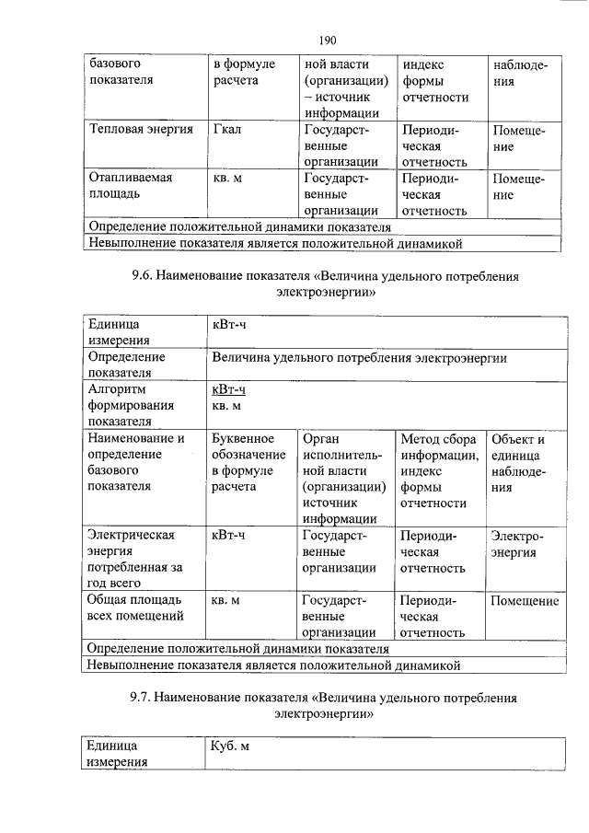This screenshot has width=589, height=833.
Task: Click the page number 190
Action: (x=327, y=40)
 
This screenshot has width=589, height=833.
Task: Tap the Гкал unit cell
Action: (x=226, y=129)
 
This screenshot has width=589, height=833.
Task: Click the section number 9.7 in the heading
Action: (x=144, y=698)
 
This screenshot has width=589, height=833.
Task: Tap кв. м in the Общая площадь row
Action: (x=226, y=600)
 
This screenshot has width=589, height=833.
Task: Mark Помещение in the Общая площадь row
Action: (x=524, y=600)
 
